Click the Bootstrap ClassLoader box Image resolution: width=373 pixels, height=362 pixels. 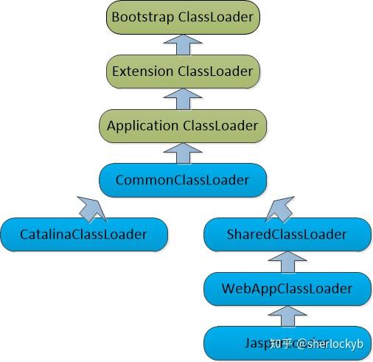(x=182, y=17)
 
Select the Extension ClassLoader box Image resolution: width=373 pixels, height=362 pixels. (x=182, y=72)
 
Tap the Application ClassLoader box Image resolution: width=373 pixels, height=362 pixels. (x=182, y=125)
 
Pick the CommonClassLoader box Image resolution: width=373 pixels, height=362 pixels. (x=182, y=180)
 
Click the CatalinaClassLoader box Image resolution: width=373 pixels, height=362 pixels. (x=83, y=234)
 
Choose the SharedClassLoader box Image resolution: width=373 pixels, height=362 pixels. (x=286, y=234)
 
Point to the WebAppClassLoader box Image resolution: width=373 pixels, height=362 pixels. (x=286, y=288)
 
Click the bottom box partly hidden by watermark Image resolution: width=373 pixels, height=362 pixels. (x=286, y=342)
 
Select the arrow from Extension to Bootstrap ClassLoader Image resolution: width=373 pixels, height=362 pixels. (x=182, y=44)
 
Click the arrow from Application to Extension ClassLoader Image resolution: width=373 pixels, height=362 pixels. (x=182, y=99)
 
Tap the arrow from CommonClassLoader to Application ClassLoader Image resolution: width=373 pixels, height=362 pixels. (x=182, y=153)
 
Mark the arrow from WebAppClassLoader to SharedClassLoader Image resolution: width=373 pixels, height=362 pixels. (x=286, y=262)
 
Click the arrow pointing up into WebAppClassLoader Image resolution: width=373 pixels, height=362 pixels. (x=286, y=316)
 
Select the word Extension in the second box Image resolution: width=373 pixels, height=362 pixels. (x=142, y=72)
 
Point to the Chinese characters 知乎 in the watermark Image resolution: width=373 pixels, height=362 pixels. (x=282, y=344)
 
